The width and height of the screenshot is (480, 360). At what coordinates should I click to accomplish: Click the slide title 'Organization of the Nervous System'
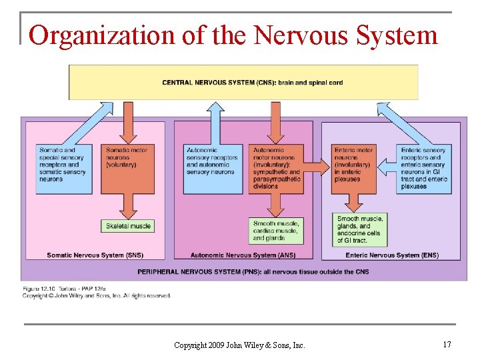tap(233, 35)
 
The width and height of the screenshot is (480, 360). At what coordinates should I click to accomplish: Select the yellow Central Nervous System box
tap(243, 82)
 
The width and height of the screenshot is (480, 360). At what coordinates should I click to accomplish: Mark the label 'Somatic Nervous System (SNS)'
tap(95, 255)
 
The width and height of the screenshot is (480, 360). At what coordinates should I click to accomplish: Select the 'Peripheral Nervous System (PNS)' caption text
tap(253, 271)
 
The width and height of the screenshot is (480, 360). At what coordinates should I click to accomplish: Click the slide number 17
tap(446, 345)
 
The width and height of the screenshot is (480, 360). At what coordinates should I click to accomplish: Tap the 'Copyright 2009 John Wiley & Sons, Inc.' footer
tap(239, 345)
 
